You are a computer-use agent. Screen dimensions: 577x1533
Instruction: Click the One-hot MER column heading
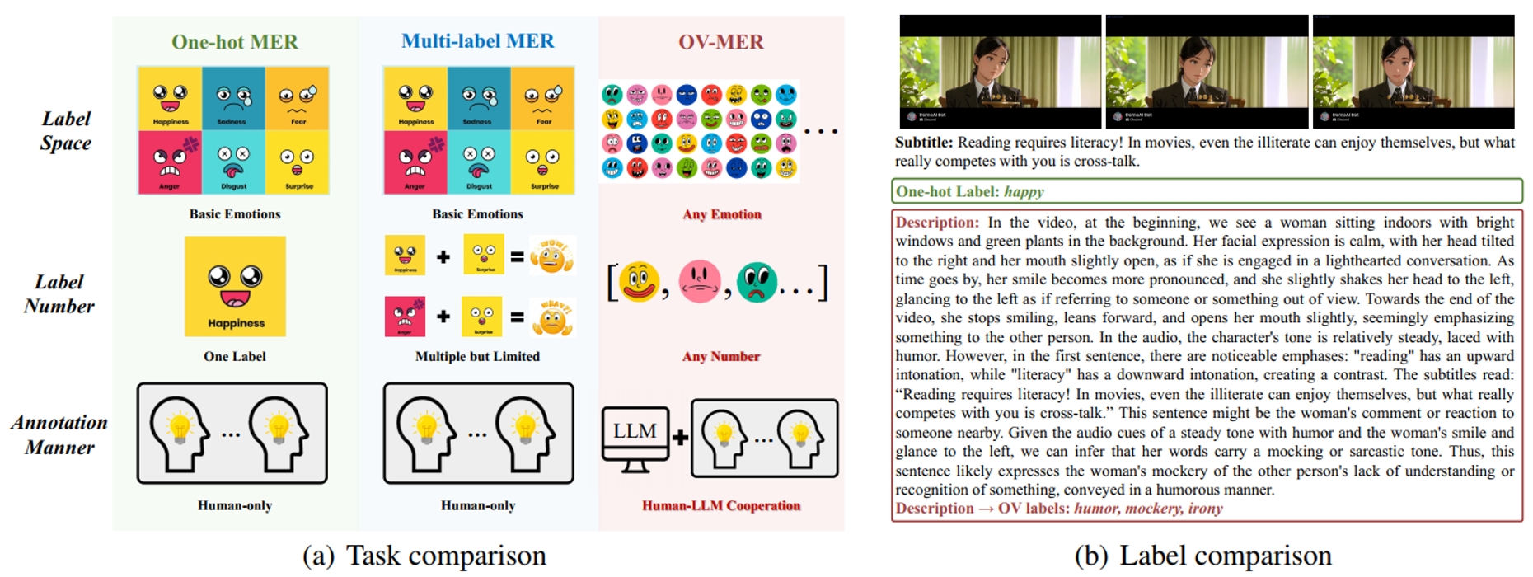pos(235,42)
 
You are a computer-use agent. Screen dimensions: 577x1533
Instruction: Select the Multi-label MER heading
pos(477,41)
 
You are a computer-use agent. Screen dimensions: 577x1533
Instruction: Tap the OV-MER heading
pos(720,42)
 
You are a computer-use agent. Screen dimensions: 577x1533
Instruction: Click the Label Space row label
pos(66,131)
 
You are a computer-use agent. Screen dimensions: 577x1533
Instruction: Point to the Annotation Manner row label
pos(59,434)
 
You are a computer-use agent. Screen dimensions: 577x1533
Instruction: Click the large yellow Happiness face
pos(235,286)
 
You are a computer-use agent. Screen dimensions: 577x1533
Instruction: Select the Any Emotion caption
pos(721,214)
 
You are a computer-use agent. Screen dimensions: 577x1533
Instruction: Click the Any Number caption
pos(721,356)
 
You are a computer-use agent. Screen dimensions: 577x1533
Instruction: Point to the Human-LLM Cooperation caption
pos(721,505)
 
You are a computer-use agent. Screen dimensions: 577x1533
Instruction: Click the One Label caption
pos(235,356)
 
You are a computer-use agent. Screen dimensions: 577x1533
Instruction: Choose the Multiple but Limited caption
pos(477,356)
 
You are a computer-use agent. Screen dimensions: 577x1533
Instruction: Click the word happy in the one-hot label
pos(1024,192)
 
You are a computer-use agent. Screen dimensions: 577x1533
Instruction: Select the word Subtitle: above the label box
pos(923,143)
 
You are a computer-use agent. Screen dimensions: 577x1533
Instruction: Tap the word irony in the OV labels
pos(1206,509)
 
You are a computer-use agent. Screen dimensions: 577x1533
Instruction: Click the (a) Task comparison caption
pos(424,556)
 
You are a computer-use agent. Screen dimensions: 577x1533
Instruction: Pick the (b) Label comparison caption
pos(1202,556)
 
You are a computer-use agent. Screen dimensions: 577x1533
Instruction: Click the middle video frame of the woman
pos(1207,71)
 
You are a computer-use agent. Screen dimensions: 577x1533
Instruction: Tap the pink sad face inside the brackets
pos(699,282)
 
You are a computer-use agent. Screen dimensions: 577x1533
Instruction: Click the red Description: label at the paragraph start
pos(936,223)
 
